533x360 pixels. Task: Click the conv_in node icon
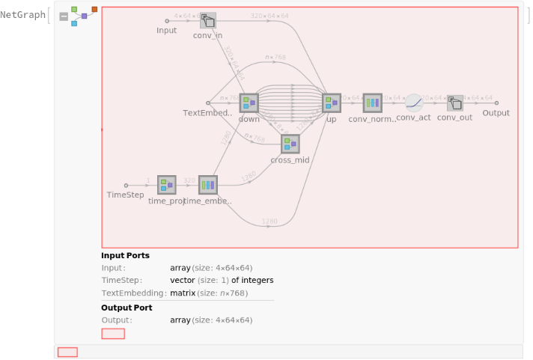[208, 21]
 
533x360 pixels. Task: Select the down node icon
[249, 103]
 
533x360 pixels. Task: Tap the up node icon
[332, 103]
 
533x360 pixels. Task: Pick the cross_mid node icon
[290, 144]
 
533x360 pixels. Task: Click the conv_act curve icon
[414, 103]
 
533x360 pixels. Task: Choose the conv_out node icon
[455, 103]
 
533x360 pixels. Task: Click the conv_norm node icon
[373, 103]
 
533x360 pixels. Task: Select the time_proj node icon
[166, 185]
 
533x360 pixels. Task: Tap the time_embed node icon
[208, 185]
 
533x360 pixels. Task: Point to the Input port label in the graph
[166, 31]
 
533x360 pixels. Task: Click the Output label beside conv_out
[496, 113]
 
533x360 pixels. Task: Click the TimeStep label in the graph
[126, 195]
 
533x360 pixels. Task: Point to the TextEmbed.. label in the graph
[207, 113]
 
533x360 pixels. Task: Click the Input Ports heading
[125, 256]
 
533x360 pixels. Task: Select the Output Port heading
[127, 308]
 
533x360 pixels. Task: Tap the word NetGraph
[22, 15]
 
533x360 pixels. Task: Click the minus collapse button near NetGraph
[64, 16]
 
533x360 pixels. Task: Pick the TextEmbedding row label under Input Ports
[133, 293]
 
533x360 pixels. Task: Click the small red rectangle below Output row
[113, 334]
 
